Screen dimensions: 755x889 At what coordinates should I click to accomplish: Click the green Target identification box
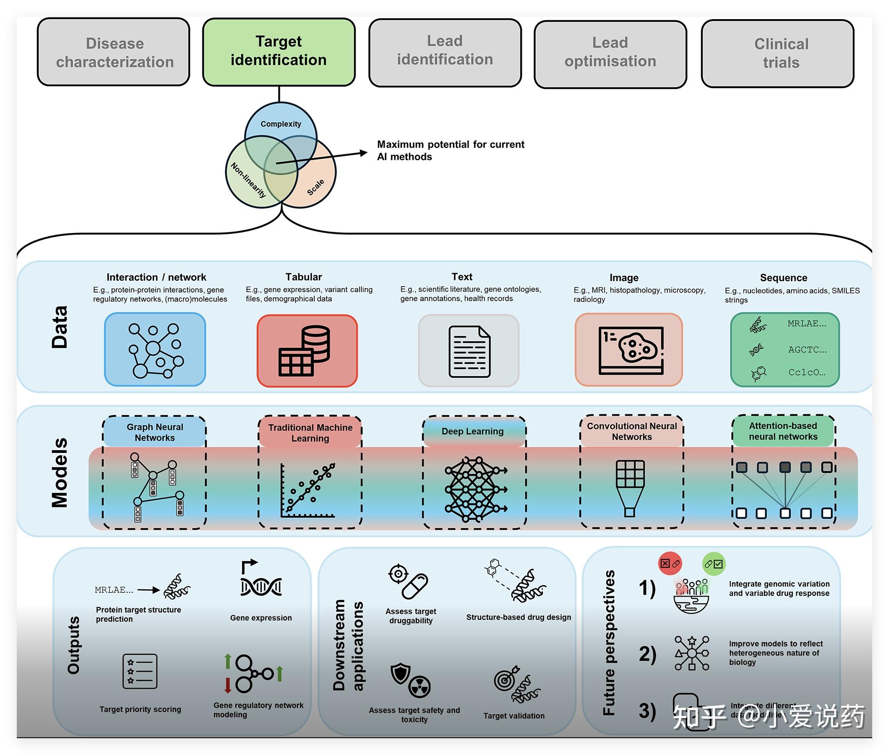(x=279, y=52)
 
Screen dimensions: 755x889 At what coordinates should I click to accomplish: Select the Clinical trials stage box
(x=777, y=54)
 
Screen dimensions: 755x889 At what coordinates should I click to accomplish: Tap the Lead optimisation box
(x=610, y=54)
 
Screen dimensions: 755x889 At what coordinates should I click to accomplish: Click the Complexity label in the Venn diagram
(x=281, y=124)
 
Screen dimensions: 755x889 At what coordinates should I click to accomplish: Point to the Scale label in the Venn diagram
(x=316, y=187)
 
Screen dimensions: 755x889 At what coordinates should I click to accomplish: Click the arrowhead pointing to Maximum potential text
(x=363, y=153)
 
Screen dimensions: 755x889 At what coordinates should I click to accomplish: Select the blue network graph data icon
(x=155, y=349)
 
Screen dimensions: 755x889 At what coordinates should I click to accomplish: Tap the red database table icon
(x=307, y=350)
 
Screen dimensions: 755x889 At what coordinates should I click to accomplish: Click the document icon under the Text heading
(x=469, y=352)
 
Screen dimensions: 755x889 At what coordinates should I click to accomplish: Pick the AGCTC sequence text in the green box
(x=807, y=349)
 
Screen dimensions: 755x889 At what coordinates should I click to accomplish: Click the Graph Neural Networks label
(x=155, y=432)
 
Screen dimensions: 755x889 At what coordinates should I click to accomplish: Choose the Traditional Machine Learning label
(x=310, y=432)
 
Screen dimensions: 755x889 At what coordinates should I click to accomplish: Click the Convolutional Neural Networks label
(x=632, y=431)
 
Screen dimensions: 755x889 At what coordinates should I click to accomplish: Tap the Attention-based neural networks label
(x=783, y=431)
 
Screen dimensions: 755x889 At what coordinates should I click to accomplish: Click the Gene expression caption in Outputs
(x=261, y=617)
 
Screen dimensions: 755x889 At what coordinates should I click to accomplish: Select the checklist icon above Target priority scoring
(x=140, y=671)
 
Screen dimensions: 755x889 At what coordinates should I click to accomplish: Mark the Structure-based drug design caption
(x=518, y=617)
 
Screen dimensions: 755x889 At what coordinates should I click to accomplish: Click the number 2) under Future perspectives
(x=647, y=654)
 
